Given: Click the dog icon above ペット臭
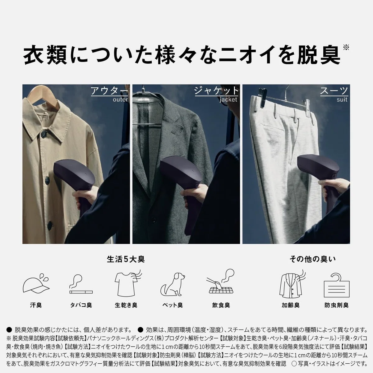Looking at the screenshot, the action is coord(173,284).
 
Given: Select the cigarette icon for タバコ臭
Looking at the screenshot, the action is coord(81,284).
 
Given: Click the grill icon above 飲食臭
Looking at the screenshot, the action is coord(221,283).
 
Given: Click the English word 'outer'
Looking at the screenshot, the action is coord(120,99).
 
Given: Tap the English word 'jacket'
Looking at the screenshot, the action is coord(228,99).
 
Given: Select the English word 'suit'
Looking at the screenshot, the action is coord(342,99).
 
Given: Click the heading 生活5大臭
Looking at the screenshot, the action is coord(126,259).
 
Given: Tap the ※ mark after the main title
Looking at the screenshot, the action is coord(346,48).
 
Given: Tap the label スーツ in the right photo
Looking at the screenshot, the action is coord(334,91).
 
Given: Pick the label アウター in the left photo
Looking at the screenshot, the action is coord(109,91).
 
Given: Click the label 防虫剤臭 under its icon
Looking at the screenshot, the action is coord(337,305).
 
